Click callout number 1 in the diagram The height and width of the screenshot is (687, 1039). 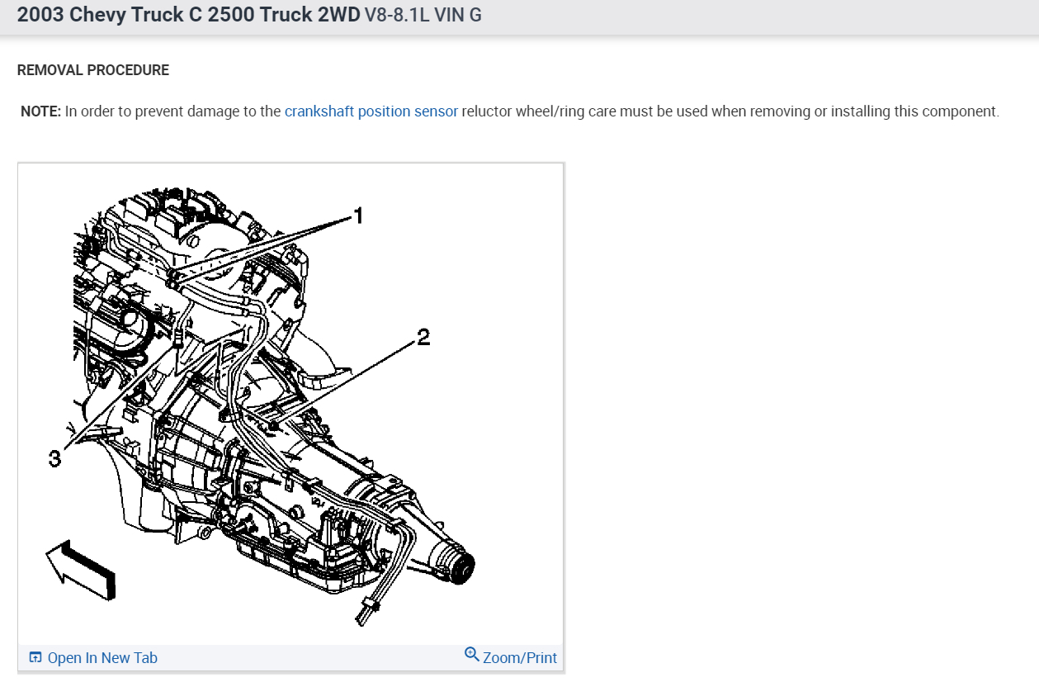[358, 216]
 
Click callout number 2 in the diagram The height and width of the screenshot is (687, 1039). [423, 337]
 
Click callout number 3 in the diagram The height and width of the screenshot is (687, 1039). [54, 458]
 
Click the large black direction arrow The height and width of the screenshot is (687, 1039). [82, 570]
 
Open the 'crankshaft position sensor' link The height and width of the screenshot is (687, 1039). [371, 111]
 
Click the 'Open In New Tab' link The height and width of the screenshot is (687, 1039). [102, 658]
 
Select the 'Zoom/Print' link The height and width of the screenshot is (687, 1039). [520, 658]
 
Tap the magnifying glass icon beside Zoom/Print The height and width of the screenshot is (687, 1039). [472, 655]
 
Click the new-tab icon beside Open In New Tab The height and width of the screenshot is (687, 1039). [35, 657]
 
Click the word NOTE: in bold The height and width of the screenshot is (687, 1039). [40, 111]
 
